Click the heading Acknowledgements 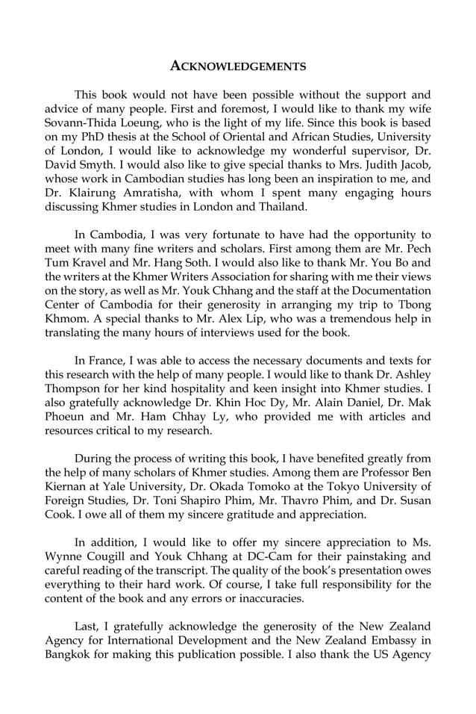(238, 66)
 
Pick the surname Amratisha (142, 193)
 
